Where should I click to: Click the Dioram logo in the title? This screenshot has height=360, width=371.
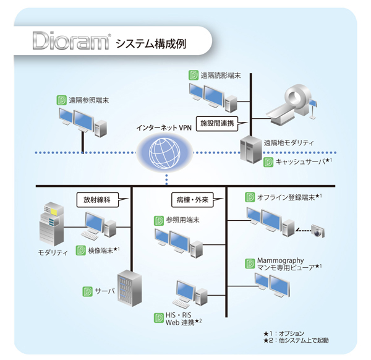click(72, 44)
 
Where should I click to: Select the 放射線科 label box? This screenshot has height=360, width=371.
click(100, 200)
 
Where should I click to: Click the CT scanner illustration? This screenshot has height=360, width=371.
click(297, 102)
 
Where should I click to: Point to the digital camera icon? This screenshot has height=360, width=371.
click(318, 232)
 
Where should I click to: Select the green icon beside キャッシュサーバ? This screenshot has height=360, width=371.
click(268, 162)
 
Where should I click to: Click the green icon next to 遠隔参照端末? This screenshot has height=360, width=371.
click(61, 98)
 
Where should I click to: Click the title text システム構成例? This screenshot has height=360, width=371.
click(151, 45)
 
